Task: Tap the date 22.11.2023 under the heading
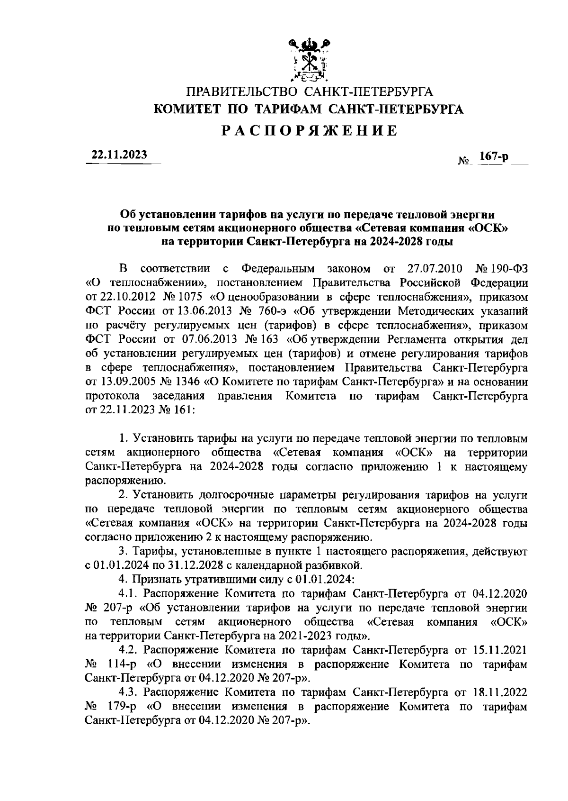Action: [x=119, y=155]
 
